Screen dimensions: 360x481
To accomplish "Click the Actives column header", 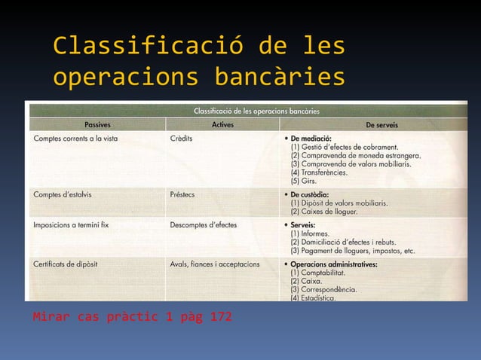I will point(222,124).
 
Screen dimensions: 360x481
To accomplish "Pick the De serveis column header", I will point(381,124).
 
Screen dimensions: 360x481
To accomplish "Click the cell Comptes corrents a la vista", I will point(75,139).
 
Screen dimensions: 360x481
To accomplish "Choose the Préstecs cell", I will point(183,194).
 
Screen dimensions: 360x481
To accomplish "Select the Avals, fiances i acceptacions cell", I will point(215,264).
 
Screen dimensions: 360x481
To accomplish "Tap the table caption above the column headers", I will point(256,111).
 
